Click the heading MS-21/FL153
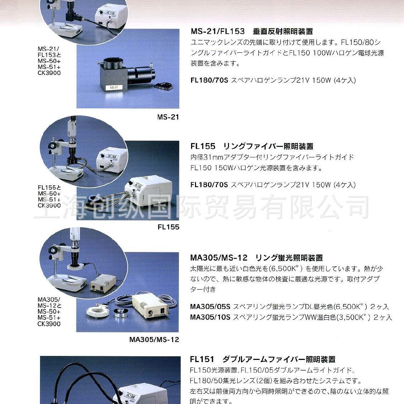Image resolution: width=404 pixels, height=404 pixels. coord(218,32)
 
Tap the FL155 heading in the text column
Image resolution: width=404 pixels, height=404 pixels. coord(203,146)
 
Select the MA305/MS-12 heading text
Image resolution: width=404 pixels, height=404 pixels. coord(219,258)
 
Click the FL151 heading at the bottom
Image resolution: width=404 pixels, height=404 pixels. coord(202,359)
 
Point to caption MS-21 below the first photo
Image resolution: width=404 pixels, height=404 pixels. coord(168,117)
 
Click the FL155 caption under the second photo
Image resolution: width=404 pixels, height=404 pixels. coord(168,227)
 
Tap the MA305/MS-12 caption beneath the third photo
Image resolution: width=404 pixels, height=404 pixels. coord(154,339)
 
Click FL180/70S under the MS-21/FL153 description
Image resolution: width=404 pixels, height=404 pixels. coord(209,80)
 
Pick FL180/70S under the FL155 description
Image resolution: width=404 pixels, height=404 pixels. coord(209,185)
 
